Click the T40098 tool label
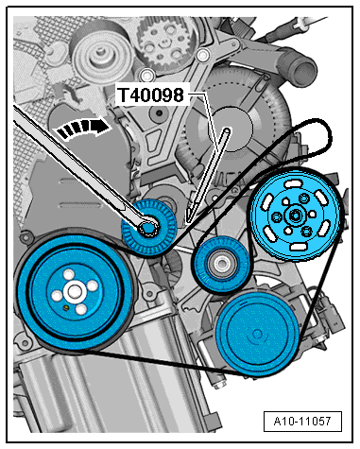point(150,95)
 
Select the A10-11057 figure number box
point(302,421)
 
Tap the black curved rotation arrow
point(84,128)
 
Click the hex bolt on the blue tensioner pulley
point(147,227)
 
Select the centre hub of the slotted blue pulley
point(296,216)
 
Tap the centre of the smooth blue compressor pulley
point(257,335)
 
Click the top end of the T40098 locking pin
point(227,130)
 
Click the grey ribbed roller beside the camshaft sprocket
point(101,55)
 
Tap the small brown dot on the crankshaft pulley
point(66,306)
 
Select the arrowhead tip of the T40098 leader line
point(188,222)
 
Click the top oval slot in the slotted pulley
point(293,183)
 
